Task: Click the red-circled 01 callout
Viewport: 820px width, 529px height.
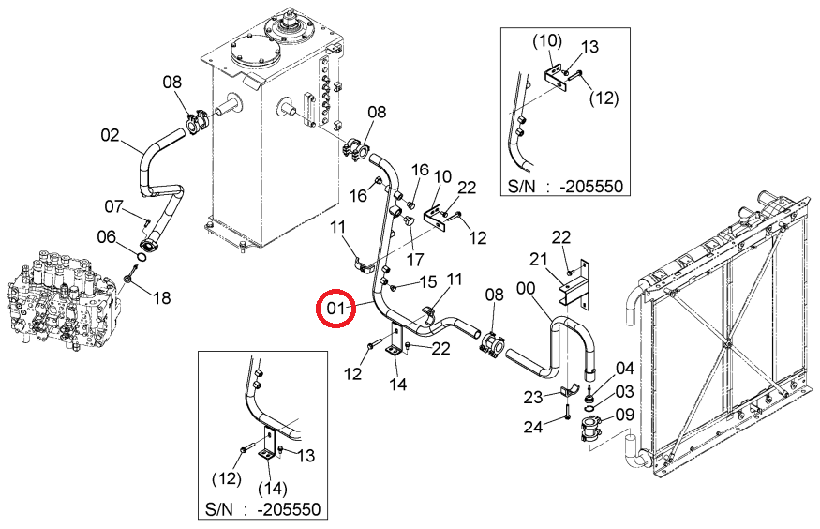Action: click(335, 309)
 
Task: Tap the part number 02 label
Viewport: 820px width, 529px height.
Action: click(110, 135)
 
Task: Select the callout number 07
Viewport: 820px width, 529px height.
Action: click(113, 206)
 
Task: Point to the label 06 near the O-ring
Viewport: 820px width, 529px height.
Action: click(106, 237)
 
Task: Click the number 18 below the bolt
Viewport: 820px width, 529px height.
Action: click(161, 298)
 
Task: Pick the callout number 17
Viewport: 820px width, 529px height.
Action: click(415, 260)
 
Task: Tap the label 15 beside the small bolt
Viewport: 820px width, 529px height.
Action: click(427, 282)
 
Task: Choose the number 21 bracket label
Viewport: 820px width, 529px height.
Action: click(538, 259)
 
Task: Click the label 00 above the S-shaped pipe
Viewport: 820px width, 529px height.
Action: click(526, 288)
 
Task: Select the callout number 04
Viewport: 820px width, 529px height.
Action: click(624, 369)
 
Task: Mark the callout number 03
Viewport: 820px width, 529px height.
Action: click(624, 391)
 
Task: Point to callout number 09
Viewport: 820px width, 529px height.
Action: click(624, 415)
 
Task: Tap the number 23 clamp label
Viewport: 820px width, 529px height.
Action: click(533, 397)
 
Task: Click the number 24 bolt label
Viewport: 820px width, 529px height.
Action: click(533, 427)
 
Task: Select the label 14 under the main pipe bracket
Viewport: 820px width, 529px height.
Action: click(397, 385)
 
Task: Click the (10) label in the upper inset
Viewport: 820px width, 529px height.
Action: click(547, 41)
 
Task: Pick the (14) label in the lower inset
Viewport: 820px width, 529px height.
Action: click(273, 488)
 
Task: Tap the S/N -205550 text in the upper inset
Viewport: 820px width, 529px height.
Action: click(565, 187)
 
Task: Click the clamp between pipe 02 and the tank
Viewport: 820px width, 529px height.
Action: click(197, 122)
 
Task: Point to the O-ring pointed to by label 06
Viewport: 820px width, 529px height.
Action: click(141, 257)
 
